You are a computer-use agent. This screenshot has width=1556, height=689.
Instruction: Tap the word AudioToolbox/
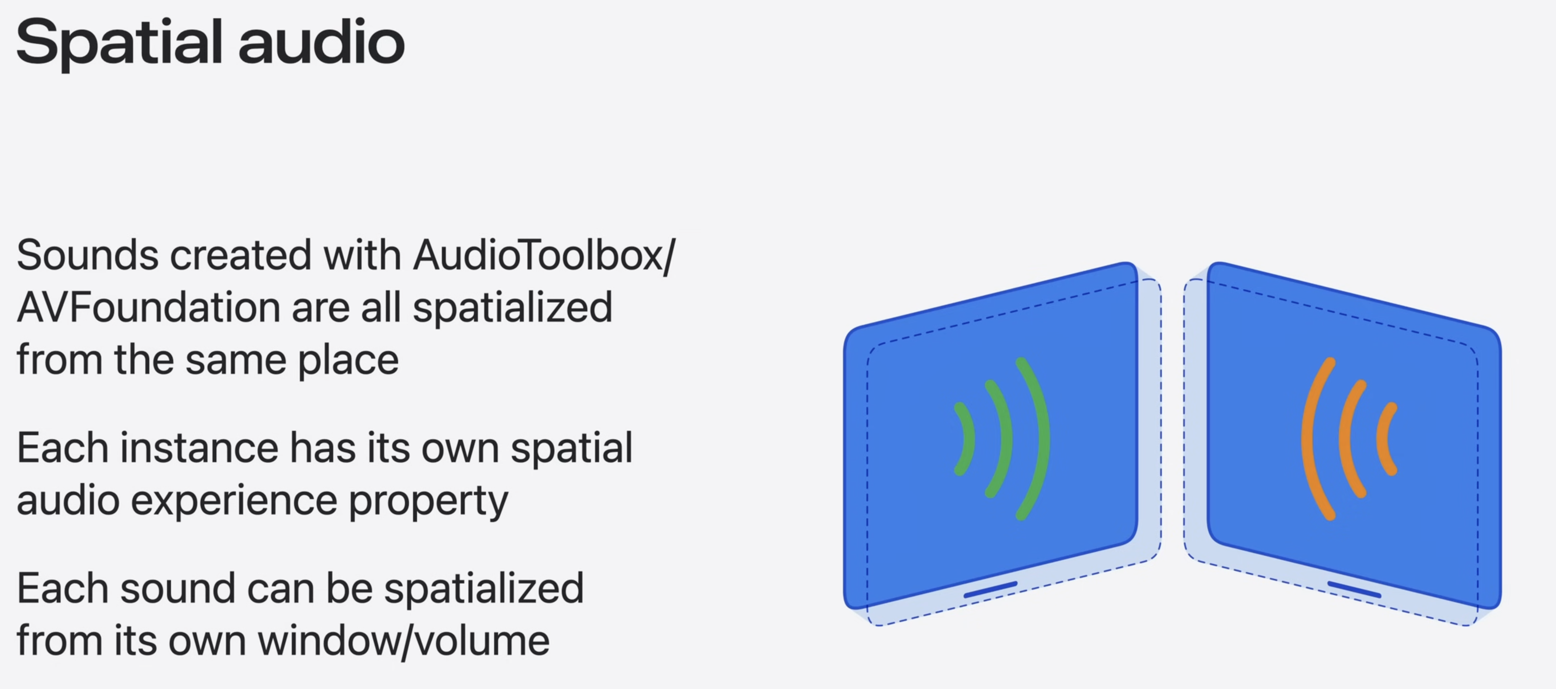click(544, 255)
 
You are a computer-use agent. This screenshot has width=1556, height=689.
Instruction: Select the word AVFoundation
click(148, 307)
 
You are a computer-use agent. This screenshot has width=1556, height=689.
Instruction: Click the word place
click(348, 360)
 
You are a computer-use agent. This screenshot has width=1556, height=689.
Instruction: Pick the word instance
click(199, 449)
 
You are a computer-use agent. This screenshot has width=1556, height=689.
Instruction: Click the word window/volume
click(404, 641)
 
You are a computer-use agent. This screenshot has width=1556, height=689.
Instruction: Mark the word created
click(240, 255)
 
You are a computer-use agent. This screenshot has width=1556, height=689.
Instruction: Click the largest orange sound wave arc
click(1311, 438)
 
